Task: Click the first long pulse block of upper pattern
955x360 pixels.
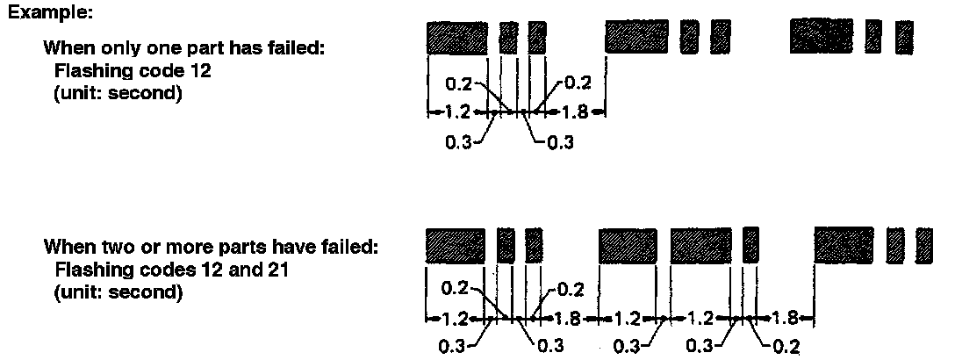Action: tap(457, 39)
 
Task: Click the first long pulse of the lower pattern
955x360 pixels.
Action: tap(456, 245)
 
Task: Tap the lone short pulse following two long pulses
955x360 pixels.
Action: tap(750, 245)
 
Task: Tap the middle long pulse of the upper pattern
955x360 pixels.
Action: tap(638, 39)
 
